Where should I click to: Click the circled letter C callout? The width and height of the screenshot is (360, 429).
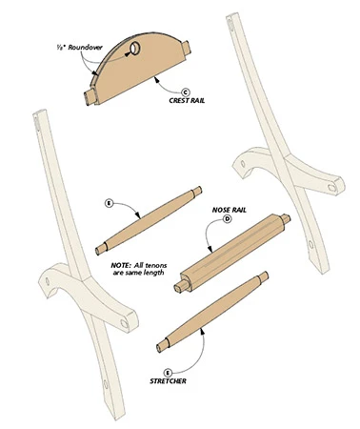185,92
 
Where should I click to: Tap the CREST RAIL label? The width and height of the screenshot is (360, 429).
187,101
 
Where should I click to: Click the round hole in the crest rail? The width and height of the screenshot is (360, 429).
135,48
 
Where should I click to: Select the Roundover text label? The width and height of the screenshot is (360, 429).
79,48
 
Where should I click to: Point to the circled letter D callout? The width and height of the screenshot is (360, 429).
228,218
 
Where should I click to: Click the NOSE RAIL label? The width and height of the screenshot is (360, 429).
230,210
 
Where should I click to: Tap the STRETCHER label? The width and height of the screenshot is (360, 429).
168,381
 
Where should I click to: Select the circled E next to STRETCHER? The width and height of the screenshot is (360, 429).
168,373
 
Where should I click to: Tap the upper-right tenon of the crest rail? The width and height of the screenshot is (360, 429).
186,47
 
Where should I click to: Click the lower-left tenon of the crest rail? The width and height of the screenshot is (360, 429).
90,97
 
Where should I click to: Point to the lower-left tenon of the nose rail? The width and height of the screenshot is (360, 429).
182,286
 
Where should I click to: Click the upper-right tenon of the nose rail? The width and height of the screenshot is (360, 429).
285,219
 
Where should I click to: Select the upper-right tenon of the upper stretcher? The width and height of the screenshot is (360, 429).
196,192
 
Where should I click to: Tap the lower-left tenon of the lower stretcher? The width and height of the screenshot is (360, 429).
164,345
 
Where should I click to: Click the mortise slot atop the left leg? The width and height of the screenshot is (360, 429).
36,123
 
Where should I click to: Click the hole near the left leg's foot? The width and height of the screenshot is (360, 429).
106,384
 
